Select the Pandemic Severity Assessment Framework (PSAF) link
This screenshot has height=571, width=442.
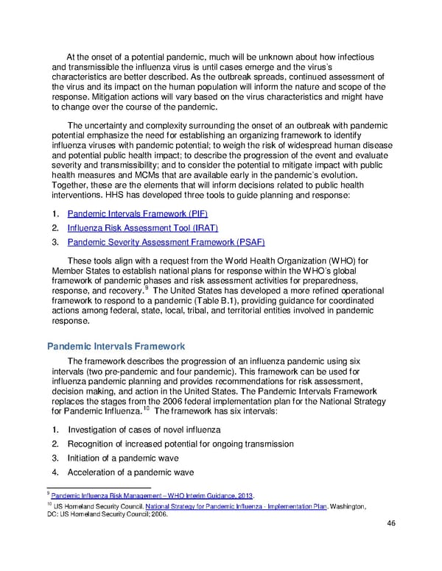pyautogui.click(x=166, y=242)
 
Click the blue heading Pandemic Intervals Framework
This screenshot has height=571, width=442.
pyautogui.click(x=116, y=347)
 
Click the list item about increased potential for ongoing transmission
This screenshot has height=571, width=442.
pyautogui.click(x=180, y=444)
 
